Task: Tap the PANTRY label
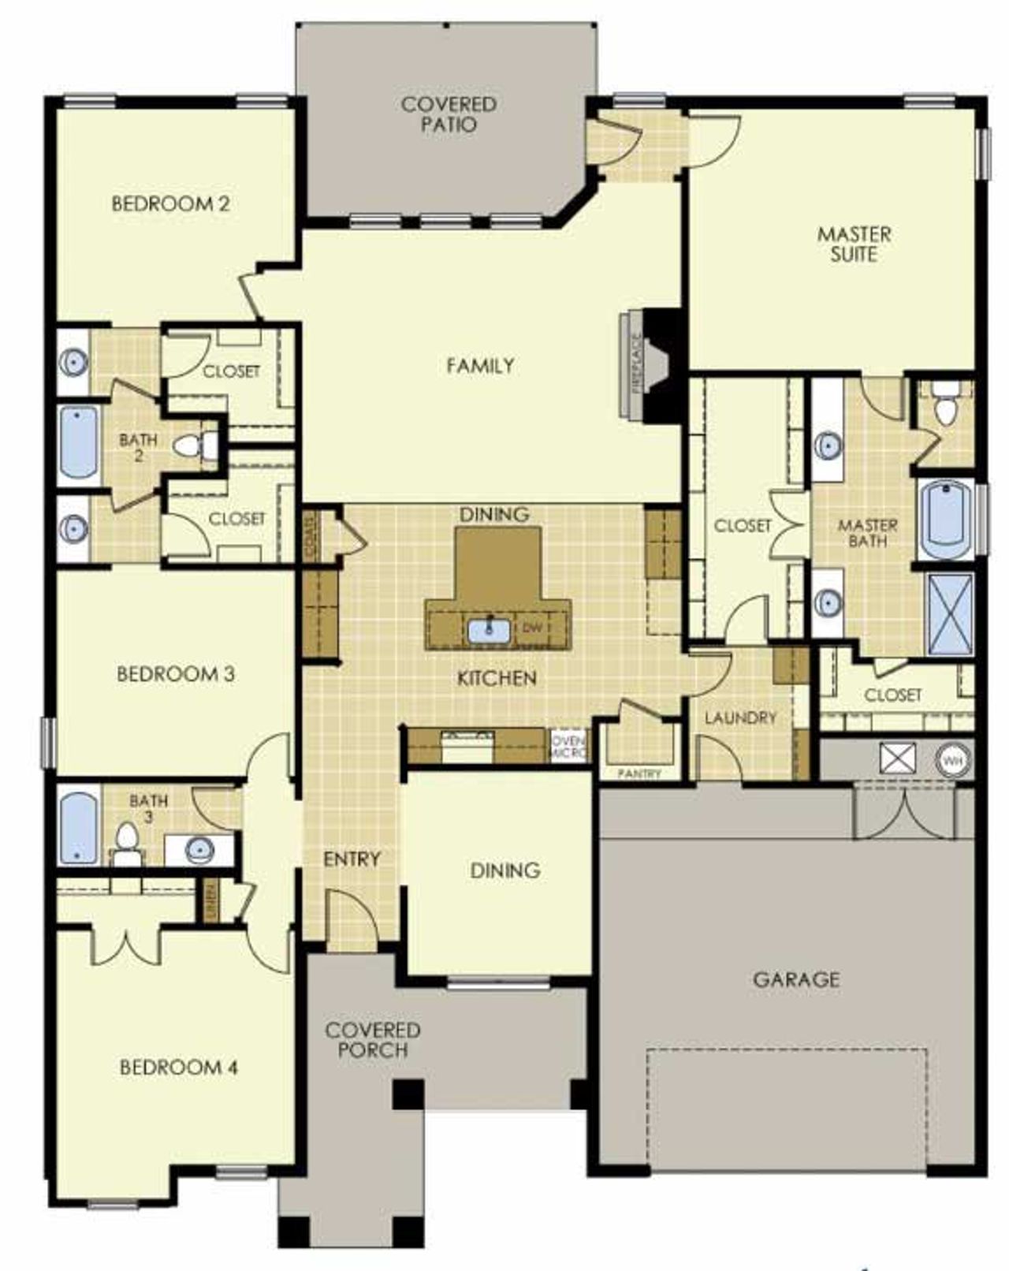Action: coord(639,773)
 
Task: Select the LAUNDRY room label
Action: coord(740,717)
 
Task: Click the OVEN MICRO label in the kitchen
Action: coord(568,747)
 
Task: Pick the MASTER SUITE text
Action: coord(854,244)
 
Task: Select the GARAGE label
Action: coord(796,979)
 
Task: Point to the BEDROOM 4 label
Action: coord(179,1067)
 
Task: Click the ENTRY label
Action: coord(352,859)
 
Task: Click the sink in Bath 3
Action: coord(199,849)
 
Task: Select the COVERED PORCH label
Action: coord(373,1039)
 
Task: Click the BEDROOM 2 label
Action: coord(171,203)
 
